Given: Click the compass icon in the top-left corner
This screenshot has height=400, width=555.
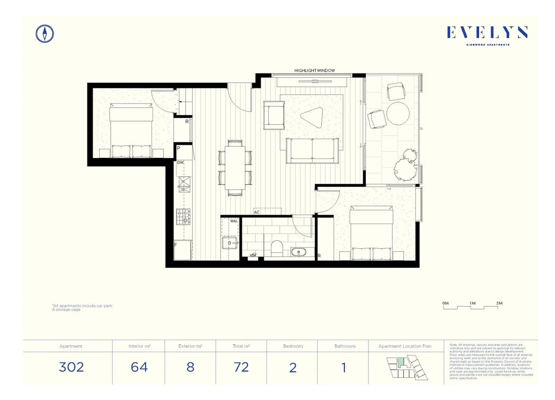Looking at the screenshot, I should [45, 34].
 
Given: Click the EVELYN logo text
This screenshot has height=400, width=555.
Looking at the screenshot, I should [487, 33].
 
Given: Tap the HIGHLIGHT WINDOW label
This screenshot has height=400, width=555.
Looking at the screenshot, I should [314, 70].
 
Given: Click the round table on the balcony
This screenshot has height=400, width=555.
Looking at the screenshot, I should [398, 114].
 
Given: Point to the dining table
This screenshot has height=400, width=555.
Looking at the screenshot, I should [235, 167].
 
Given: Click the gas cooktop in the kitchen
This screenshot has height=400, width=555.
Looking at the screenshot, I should [183, 217].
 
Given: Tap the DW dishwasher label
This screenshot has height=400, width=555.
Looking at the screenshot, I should [180, 163].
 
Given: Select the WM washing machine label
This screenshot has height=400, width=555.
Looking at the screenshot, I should [233, 221].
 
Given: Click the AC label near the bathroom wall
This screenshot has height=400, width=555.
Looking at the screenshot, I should [257, 212].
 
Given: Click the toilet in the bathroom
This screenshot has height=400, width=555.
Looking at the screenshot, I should [277, 248].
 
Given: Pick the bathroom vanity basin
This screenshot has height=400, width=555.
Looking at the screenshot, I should [298, 253].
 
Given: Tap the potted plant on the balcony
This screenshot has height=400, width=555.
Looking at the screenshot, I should [405, 166].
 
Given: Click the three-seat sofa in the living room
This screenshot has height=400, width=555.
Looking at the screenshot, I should [312, 151].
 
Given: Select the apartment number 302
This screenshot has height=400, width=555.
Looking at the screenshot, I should [71, 367].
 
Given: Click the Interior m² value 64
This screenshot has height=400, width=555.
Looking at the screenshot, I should [139, 367].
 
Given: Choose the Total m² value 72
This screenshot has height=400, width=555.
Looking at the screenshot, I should [241, 367].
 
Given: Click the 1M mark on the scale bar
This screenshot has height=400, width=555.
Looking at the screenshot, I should [472, 303].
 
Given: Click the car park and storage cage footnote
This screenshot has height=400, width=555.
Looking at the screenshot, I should [82, 307].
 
